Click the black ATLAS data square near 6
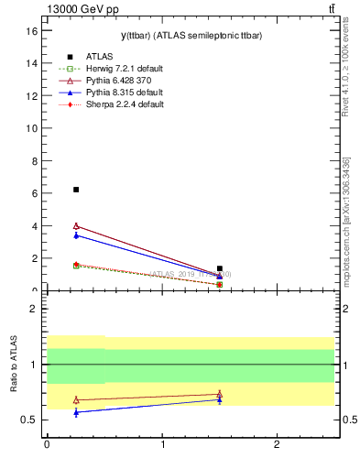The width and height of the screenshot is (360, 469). [76, 190]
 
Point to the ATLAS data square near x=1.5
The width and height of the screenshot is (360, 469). [220, 268]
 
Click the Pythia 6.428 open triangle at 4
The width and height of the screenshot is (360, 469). [76, 225]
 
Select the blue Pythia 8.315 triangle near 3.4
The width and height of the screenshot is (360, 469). [76, 235]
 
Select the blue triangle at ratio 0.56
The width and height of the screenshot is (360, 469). [76, 412]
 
